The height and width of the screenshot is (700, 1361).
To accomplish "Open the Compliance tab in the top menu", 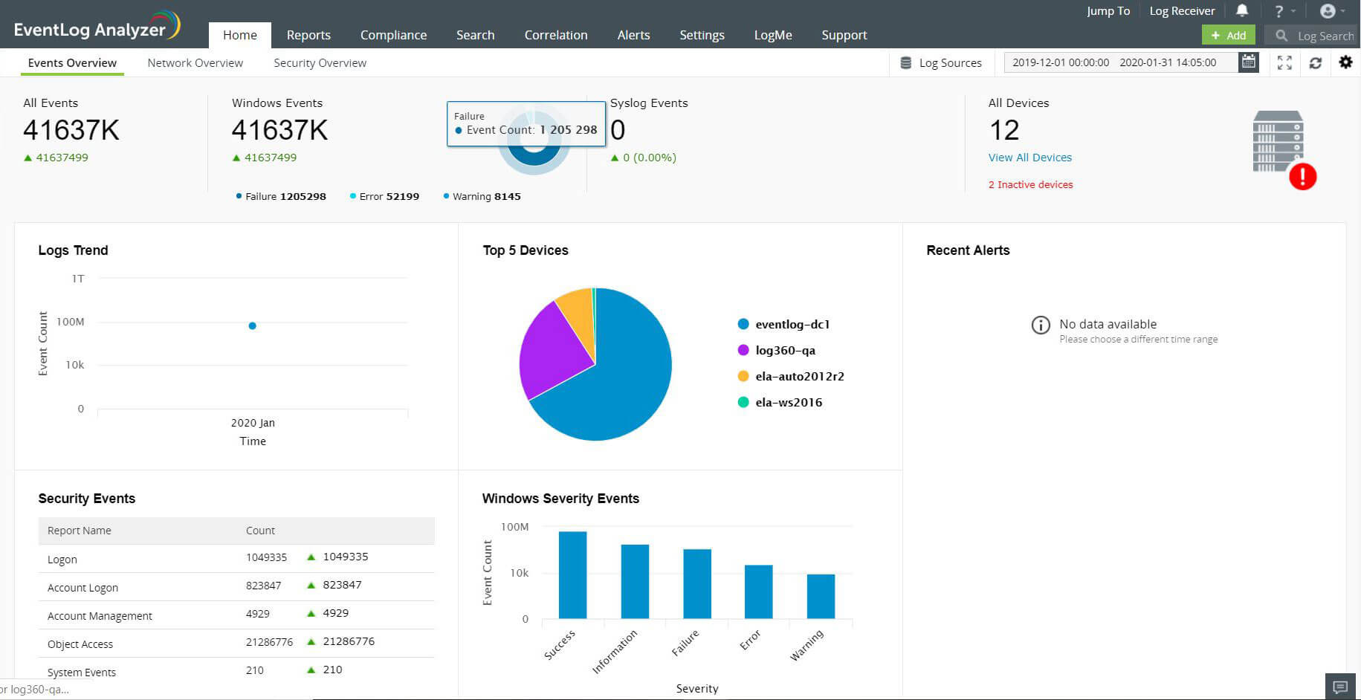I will pos(393,35).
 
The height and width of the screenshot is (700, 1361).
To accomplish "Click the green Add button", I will pos(1228,35).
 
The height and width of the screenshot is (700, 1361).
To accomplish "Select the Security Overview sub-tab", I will pos(320,63).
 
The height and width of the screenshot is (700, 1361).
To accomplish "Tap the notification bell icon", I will pos(1242,11).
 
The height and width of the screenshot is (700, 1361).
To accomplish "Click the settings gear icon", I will pos(1345,62).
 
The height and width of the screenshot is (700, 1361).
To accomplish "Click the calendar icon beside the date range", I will pos(1249,62).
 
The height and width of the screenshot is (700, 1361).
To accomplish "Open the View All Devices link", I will pos(1029,158).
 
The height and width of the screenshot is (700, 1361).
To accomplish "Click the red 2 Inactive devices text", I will pos(1030,184).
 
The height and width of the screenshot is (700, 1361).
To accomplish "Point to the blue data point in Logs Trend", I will pos(253,325).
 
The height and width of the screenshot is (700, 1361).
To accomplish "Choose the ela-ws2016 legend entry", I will pos(788,402).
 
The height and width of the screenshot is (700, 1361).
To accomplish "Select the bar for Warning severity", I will pos(821,596).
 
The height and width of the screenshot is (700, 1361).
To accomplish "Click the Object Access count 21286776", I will pos(269,642).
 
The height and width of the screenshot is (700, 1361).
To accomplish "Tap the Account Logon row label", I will pos(83,588).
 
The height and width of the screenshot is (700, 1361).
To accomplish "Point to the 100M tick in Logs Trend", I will pos(71,322).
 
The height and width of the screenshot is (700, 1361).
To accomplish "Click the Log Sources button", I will pos(941,63).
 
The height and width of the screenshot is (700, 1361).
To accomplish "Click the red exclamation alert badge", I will pos(1302,177).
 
